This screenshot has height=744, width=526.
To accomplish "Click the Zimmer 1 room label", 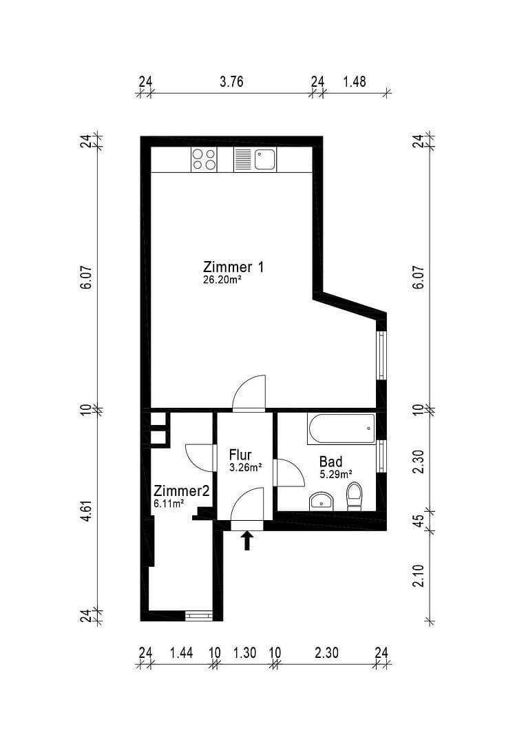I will coord(233,267).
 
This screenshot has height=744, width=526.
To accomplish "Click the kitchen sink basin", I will coord(264,160).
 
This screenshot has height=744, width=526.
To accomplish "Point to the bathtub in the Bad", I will coord(341,428).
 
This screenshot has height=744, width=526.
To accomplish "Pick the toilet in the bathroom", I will coord(354,495).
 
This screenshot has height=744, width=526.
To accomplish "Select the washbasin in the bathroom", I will coord(321,500).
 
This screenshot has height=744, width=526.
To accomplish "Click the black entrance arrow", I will coord(247,541).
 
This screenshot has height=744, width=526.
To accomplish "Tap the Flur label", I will coord(240,455).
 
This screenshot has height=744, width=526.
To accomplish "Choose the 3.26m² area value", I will coord(245,468).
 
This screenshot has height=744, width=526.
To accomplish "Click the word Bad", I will coord(330,462).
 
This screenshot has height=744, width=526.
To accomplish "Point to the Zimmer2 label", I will coord(180,490).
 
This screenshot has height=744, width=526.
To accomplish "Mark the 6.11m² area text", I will coord(169,504).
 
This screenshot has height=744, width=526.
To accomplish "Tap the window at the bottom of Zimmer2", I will coord(198,615).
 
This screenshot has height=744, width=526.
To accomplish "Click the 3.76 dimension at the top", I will coord(231,81).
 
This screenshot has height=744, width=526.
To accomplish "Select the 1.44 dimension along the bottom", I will coord(181,653).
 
